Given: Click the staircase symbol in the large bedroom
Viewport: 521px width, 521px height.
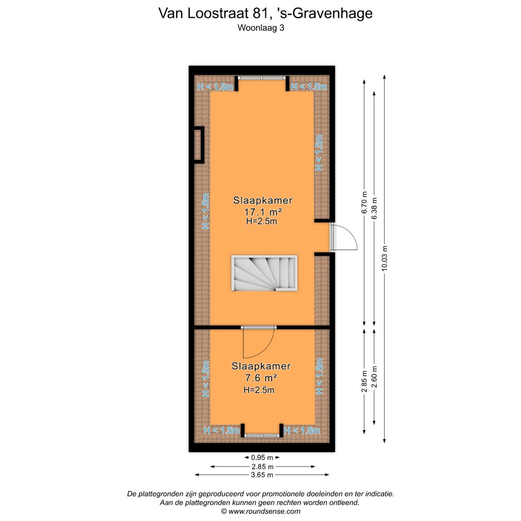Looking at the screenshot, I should coord(264,274).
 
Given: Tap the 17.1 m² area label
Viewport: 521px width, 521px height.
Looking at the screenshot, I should coord(263,211).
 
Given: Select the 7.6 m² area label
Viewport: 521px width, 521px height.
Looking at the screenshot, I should coord(261,378).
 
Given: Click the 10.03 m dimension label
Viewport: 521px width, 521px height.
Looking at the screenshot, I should coord(384,259).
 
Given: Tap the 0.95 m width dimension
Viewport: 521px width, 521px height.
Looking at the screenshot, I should coord(261,457).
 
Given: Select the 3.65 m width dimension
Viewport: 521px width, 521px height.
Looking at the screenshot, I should coord(261,475).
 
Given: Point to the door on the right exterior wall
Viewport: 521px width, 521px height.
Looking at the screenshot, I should coord(343,237).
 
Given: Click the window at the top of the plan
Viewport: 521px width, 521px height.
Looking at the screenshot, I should coord(261,78).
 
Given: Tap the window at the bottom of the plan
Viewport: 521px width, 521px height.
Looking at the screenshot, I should coord(261,435).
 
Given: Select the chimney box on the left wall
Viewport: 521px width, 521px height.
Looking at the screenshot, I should coord(198,145).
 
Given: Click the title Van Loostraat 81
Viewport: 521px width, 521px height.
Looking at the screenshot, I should coord(265,13).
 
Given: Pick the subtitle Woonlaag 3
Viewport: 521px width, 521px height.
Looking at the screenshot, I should coord(260,28).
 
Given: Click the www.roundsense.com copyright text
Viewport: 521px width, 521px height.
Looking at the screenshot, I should coord(260,511).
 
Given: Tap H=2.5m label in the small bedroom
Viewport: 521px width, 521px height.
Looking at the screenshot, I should coord(259,390).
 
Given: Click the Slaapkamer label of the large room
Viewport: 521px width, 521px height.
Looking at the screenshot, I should coord(263,200).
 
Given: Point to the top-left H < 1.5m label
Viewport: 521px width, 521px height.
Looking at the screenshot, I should coord(215,87).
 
